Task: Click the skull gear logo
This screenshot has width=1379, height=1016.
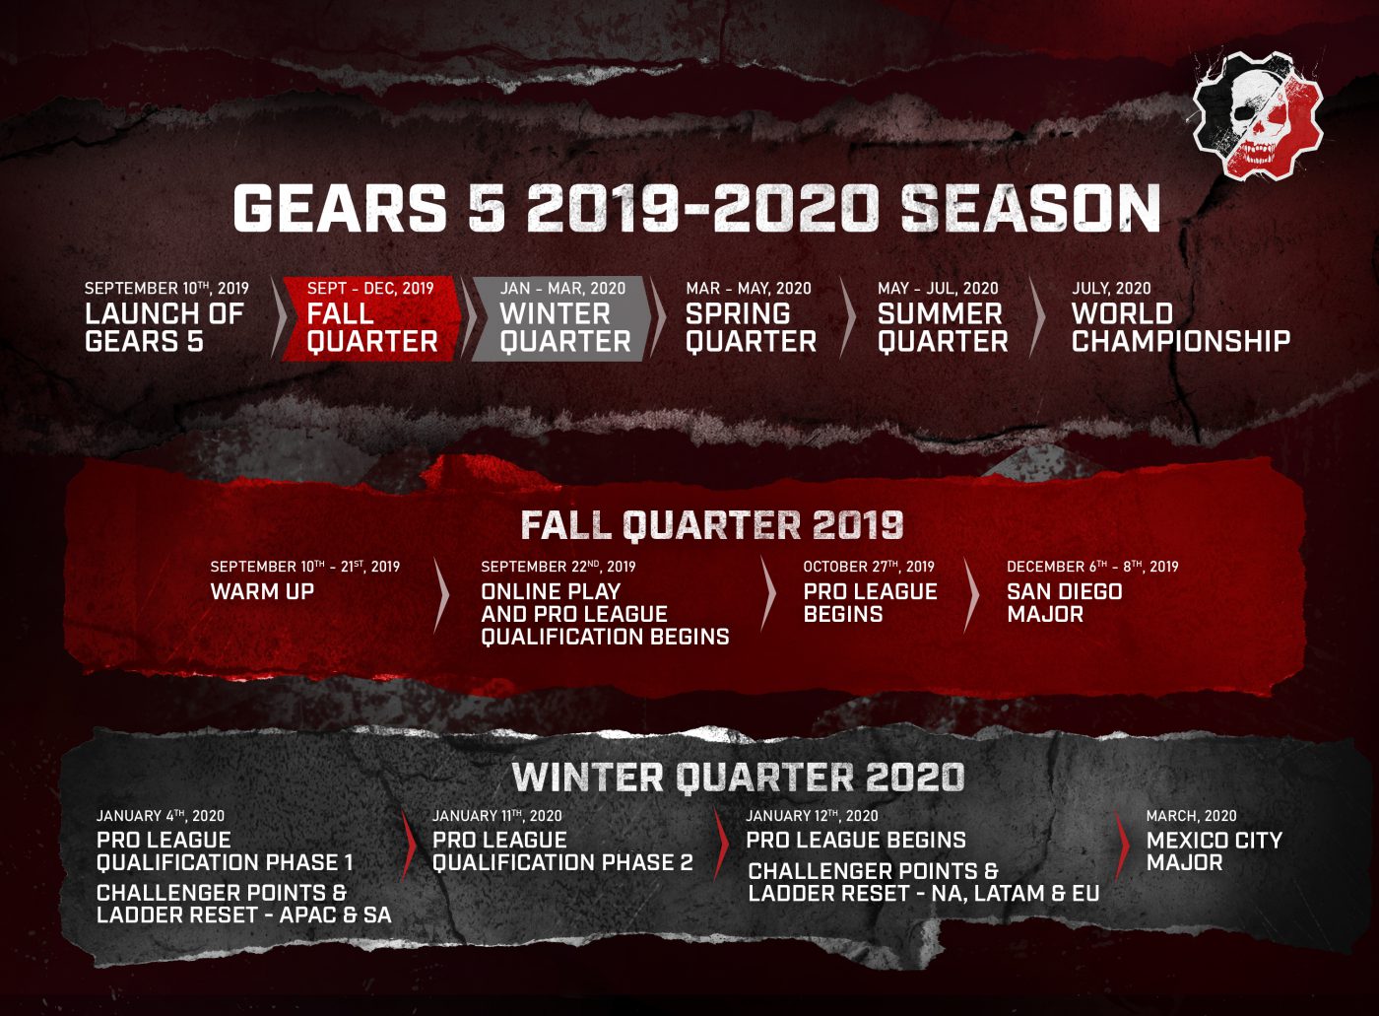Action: click(1257, 115)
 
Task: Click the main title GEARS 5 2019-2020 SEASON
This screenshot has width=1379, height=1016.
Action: click(696, 209)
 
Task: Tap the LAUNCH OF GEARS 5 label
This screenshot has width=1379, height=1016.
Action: click(164, 327)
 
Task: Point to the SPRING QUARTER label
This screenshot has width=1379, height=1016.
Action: click(751, 327)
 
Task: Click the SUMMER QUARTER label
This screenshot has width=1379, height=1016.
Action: click(943, 327)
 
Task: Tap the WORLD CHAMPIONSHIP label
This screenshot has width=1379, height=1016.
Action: click(1180, 327)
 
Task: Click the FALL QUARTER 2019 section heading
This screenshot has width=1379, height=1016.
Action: click(711, 525)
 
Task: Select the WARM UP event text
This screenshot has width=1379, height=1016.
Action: click(262, 592)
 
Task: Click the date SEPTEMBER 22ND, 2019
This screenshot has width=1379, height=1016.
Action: click(558, 567)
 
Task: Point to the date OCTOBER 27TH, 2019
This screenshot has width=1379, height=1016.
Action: click(868, 567)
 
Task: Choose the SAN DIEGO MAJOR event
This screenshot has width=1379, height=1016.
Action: click(1064, 602)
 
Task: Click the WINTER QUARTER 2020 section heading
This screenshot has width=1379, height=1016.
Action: click(738, 778)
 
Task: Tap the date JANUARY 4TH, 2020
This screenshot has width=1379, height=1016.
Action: click(160, 816)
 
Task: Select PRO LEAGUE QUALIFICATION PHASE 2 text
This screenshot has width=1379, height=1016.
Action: click(561, 851)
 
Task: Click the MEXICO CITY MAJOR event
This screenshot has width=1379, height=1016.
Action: click(1214, 851)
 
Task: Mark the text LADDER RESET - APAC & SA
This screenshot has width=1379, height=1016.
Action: click(243, 914)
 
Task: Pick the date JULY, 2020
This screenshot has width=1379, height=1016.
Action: click(1110, 289)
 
